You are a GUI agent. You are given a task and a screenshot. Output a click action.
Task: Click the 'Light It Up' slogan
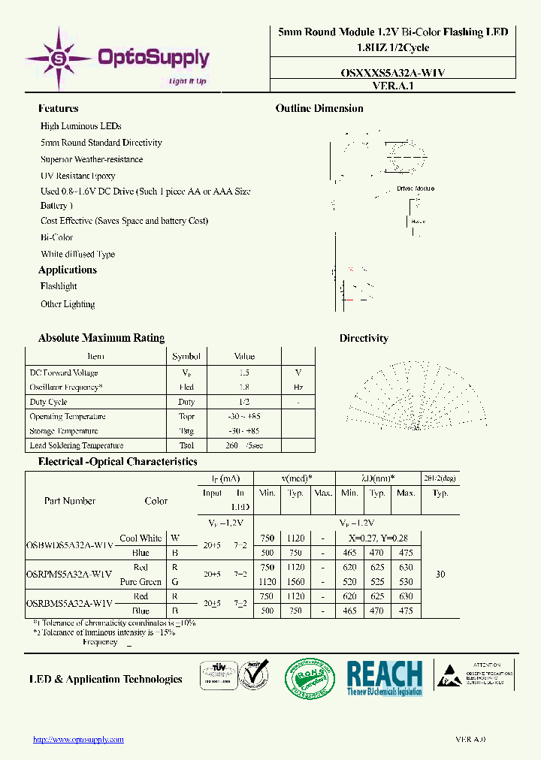pos(188,81)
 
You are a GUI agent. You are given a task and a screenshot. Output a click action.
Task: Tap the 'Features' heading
pos(58,109)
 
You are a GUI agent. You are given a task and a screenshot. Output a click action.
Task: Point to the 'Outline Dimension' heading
pos(319,109)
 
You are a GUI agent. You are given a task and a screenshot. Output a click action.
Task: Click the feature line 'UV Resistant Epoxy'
pos(78,176)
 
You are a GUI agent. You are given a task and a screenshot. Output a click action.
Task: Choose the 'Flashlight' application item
pos(59,286)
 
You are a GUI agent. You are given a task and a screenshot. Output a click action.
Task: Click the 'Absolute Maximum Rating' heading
pos(101,338)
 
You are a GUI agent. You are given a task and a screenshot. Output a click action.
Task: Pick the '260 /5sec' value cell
pos(244,445)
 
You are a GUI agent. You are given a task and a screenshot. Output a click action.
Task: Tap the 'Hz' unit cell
pos(298,388)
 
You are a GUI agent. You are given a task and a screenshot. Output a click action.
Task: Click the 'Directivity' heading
pos(364,338)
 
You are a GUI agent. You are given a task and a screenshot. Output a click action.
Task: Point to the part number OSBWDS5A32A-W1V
pos(70,544)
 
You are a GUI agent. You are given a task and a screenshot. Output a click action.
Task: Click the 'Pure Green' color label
pos(141,582)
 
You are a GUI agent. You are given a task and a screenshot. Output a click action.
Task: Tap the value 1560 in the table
pos(295,582)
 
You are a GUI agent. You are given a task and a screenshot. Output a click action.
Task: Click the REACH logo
pos(384,678)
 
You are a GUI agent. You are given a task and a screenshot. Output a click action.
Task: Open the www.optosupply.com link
pos(79,740)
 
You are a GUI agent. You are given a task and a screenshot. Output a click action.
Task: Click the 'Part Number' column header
pos(70,501)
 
